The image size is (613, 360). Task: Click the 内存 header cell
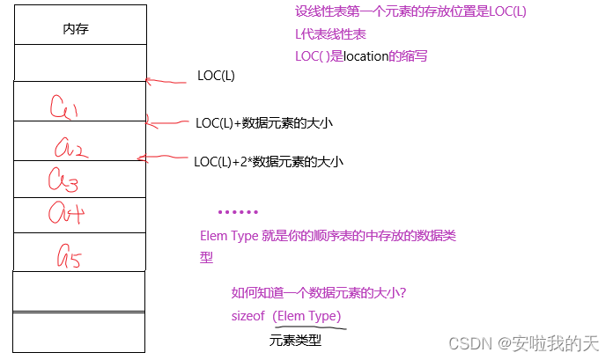pyautogui.click(x=76, y=29)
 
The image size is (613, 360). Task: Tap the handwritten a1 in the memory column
pyautogui.click(x=63, y=107)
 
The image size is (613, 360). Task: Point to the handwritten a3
pyautogui.click(x=63, y=180)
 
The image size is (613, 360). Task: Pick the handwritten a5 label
pyautogui.click(x=69, y=256)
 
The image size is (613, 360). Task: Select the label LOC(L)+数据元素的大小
pyautogui.click(x=264, y=122)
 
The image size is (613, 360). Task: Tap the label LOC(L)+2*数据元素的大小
pyautogui.click(x=268, y=161)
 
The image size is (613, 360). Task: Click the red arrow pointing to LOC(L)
pyautogui.click(x=166, y=82)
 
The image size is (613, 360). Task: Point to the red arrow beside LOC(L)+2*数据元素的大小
pyautogui.click(x=163, y=158)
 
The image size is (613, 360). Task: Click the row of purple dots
pyautogui.click(x=238, y=212)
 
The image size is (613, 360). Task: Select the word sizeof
pyautogui.click(x=247, y=316)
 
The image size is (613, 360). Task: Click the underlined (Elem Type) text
pyautogui.click(x=306, y=316)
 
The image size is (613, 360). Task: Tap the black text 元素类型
pyautogui.click(x=295, y=340)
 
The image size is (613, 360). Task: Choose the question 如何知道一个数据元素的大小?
pyautogui.click(x=317, y=293)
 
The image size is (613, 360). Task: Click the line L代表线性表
pyautogui.click(x=330, y=34)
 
